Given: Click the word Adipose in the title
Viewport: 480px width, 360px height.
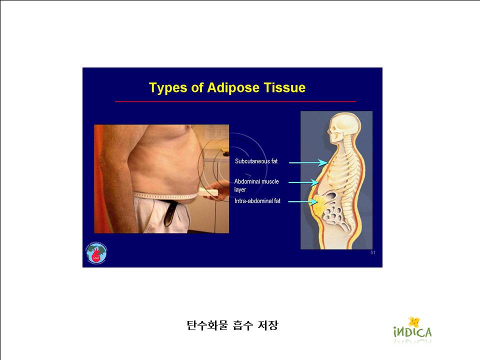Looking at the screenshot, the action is pos(233,88).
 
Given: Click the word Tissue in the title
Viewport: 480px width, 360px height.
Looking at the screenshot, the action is pos(284,87).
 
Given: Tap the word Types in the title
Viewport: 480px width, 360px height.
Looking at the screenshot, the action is pos(168,88).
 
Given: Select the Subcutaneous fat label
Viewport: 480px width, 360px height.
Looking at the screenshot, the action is pos(256,161).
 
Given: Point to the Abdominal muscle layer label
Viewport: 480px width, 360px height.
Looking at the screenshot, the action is pos(256,185).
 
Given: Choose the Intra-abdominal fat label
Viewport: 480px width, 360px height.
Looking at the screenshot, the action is pos(257,201).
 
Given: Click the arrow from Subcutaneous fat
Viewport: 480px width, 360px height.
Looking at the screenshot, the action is pos(308,162).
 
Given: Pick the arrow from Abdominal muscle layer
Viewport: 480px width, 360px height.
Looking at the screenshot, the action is pos(303,182).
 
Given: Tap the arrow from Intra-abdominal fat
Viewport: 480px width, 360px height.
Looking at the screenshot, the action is pos(303,201).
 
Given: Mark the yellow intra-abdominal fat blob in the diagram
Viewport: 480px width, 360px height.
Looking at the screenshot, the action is pos(319,204).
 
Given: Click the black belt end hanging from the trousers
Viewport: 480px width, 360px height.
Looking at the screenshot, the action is pos(169,214).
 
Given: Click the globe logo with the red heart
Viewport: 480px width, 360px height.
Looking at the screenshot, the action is pos(96,253).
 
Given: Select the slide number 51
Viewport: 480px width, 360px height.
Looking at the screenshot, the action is pos(372,252).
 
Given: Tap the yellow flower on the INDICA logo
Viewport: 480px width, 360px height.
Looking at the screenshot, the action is pos(414,321).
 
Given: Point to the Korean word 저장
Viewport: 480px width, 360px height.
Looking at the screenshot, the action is pos(268,325).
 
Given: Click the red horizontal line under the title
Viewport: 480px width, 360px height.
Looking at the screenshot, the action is pos(235,101).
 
